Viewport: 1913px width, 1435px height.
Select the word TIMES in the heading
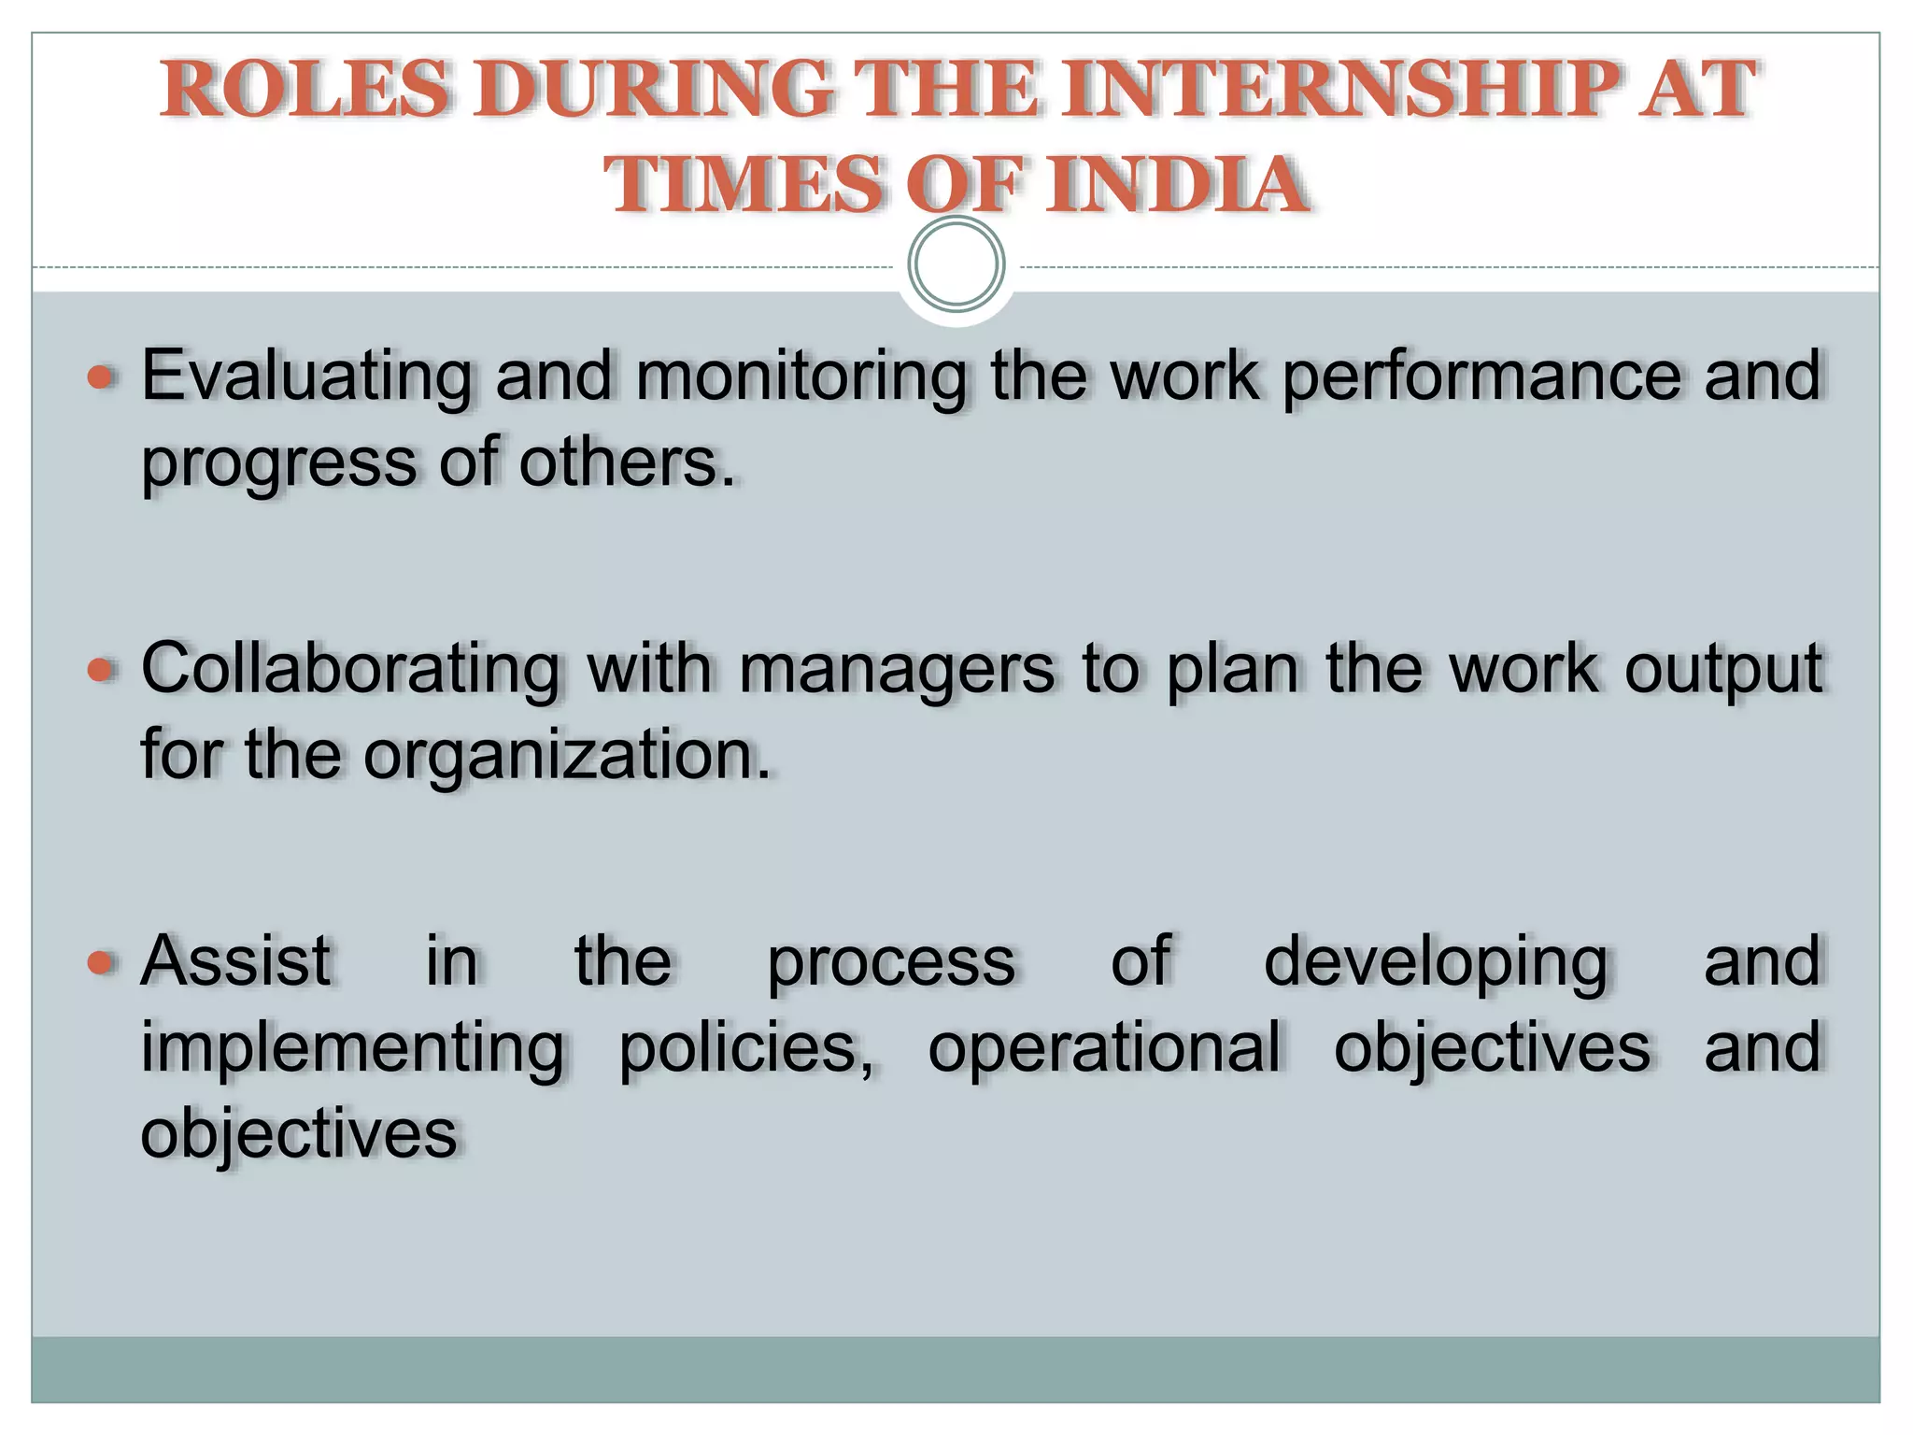744,184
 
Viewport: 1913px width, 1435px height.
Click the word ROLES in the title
305,89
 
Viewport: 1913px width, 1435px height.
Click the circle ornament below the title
956,264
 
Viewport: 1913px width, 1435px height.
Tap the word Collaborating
350,670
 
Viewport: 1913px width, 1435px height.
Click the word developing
1436,962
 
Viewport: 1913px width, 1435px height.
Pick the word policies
744,1048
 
